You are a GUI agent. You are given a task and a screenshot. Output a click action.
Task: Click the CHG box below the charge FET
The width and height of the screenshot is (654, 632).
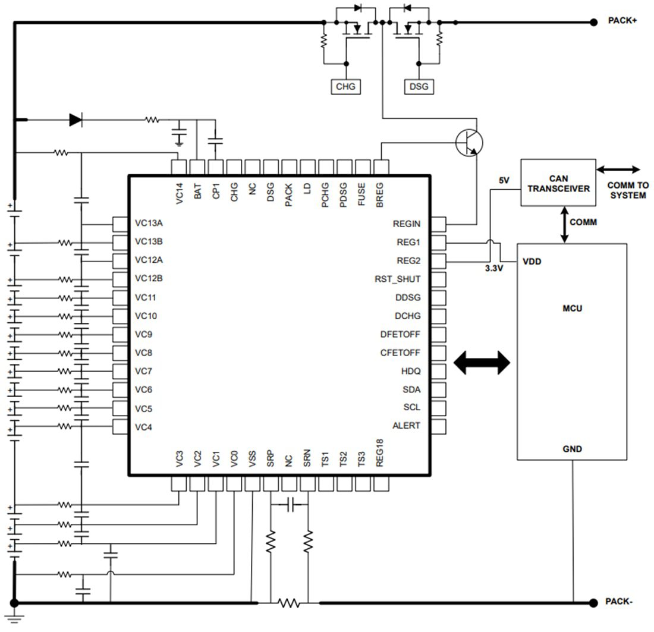[345, 87]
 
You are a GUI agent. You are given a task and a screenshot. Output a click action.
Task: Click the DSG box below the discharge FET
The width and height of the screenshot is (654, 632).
[419, 87]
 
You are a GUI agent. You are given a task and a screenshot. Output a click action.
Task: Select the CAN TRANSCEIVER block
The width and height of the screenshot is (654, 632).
[558, 183]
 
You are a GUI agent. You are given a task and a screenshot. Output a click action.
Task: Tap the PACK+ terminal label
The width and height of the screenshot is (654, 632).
[622, 21]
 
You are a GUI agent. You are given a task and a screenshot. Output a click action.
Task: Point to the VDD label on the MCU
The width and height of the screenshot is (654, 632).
[532, 261]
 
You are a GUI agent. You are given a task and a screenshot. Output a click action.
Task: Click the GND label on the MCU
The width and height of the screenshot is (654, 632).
[572, 449]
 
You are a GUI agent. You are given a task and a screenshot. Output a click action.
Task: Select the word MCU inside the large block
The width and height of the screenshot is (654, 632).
[572, 309]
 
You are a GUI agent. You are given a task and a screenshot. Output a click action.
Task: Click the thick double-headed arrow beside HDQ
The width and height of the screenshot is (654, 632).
[482, 362]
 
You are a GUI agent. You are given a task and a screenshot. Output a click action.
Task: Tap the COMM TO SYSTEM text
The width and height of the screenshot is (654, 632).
[627, 190]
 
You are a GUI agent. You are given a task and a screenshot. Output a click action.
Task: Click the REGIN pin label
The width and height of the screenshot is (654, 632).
[406, 224]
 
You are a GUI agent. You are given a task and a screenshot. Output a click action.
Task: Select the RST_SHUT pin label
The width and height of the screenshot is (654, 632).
[397, 279]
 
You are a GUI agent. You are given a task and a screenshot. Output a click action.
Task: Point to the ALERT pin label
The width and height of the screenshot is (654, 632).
[406, 426]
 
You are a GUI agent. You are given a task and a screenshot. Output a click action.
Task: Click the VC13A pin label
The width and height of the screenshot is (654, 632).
[149, 224]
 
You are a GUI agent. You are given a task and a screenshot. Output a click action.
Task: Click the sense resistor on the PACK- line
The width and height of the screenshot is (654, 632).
[289, 603]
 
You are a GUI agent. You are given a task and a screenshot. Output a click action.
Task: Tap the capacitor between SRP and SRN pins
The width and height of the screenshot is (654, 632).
[290, 505]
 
